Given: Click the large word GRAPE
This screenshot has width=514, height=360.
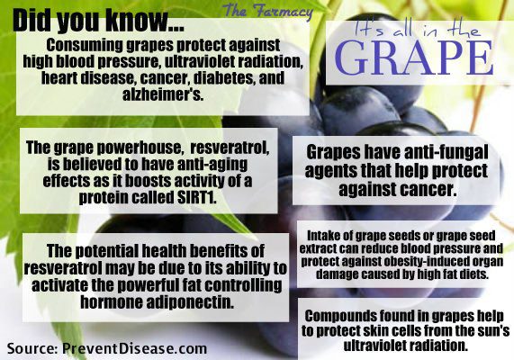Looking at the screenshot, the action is (x=414, y=58).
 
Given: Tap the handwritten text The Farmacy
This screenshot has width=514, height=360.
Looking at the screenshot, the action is (x=268, y=11).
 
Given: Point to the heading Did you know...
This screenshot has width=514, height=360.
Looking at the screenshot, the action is (x=98, y=21).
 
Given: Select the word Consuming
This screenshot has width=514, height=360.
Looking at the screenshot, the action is (x=85, y=45).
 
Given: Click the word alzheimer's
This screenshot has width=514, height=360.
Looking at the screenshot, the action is (x=163, y=94).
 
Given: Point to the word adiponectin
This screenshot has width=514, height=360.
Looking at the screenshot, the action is (x=190, y=301).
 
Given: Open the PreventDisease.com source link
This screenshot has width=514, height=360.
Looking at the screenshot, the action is (x=134, y=348).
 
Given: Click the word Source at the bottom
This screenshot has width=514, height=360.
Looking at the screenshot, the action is (x=32, y=348).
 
